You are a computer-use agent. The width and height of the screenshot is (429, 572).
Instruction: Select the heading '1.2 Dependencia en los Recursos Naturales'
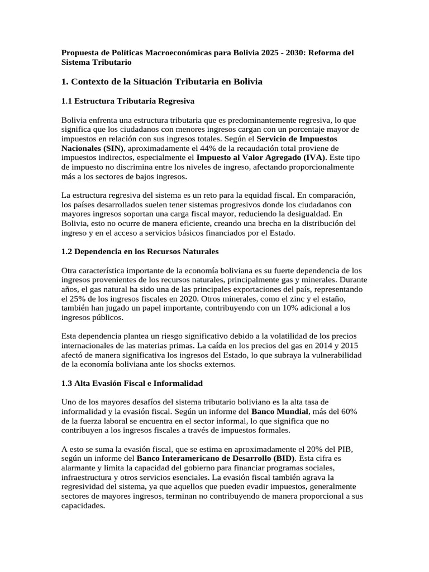point(140,252)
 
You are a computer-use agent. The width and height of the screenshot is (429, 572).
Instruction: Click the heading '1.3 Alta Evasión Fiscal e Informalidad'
point(132,384)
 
